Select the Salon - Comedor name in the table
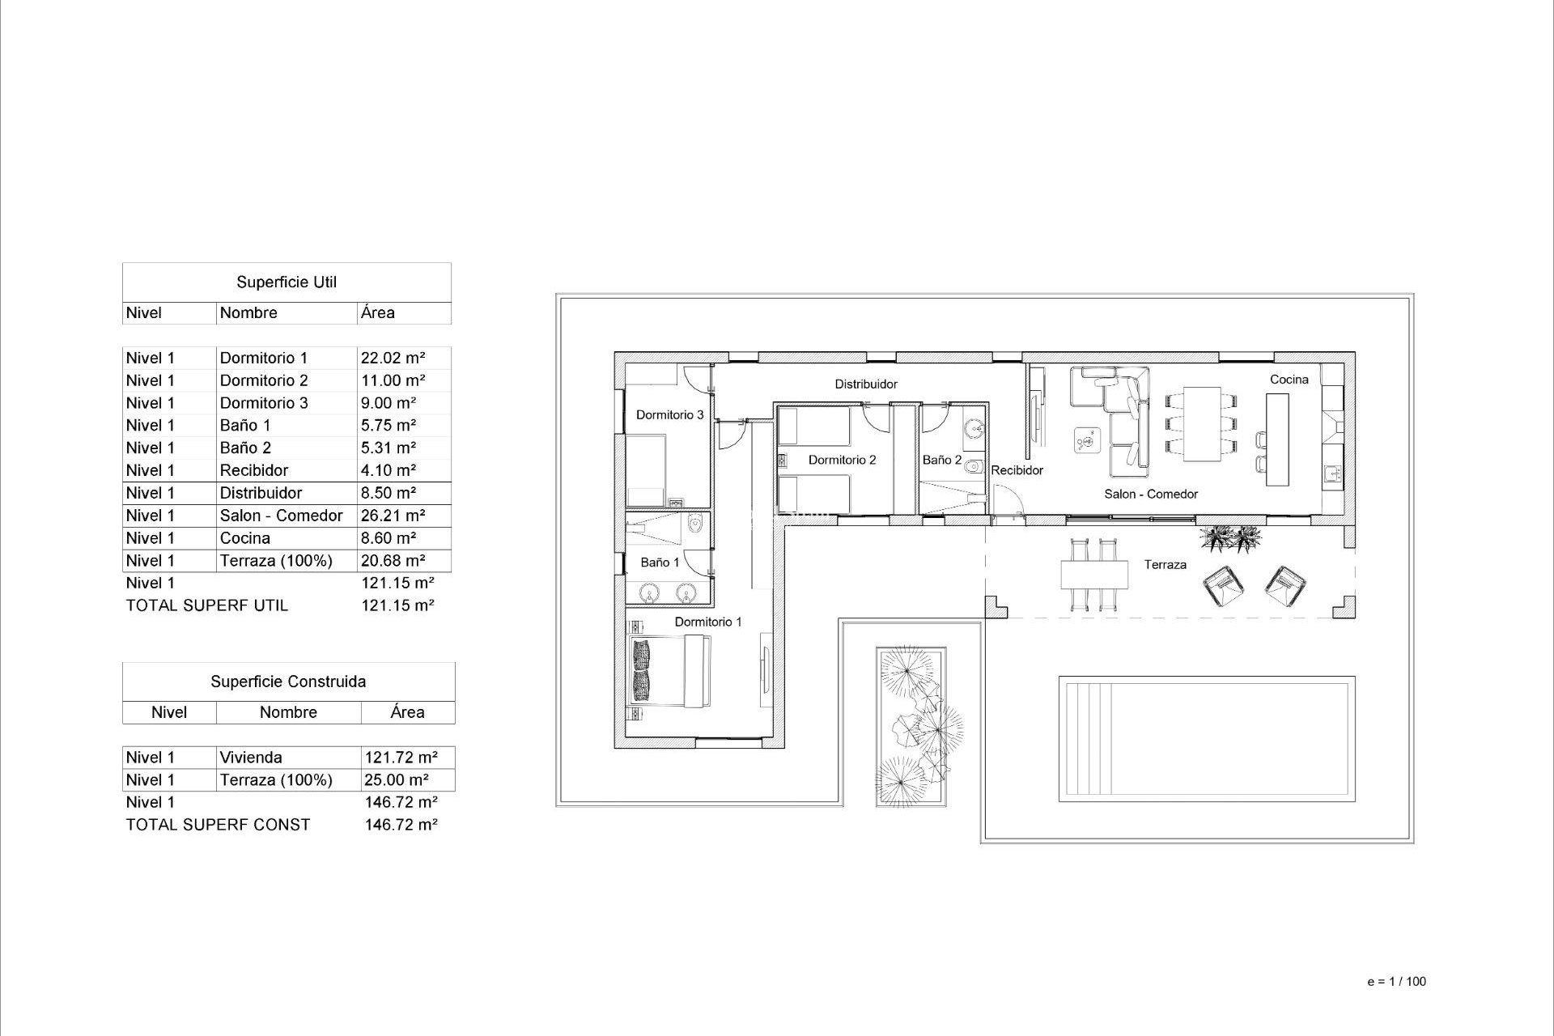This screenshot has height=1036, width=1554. point(281,516)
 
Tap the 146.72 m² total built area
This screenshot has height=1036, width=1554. point(401,825)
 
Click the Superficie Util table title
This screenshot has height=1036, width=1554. point(287,282)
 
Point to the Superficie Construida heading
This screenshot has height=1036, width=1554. point(288,681)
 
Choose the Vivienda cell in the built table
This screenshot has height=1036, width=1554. point(251,758)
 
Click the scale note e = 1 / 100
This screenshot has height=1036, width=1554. point(1396,982)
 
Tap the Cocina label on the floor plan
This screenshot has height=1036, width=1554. point(1289,379)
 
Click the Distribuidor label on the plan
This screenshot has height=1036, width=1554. point(866,384)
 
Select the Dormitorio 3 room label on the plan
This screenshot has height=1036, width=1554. point(669,415)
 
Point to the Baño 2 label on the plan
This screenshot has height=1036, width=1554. point(942,460)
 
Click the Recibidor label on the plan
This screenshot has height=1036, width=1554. point(1017,470)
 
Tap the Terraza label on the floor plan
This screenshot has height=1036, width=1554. point(1165,565)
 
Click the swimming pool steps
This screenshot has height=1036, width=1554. point(1089,738)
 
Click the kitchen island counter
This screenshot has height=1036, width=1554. point(1277,439)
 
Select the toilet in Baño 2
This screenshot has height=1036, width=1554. point(974,466)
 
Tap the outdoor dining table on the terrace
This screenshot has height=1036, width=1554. point(1094,575)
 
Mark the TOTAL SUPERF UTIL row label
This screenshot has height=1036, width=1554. point(206,605)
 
